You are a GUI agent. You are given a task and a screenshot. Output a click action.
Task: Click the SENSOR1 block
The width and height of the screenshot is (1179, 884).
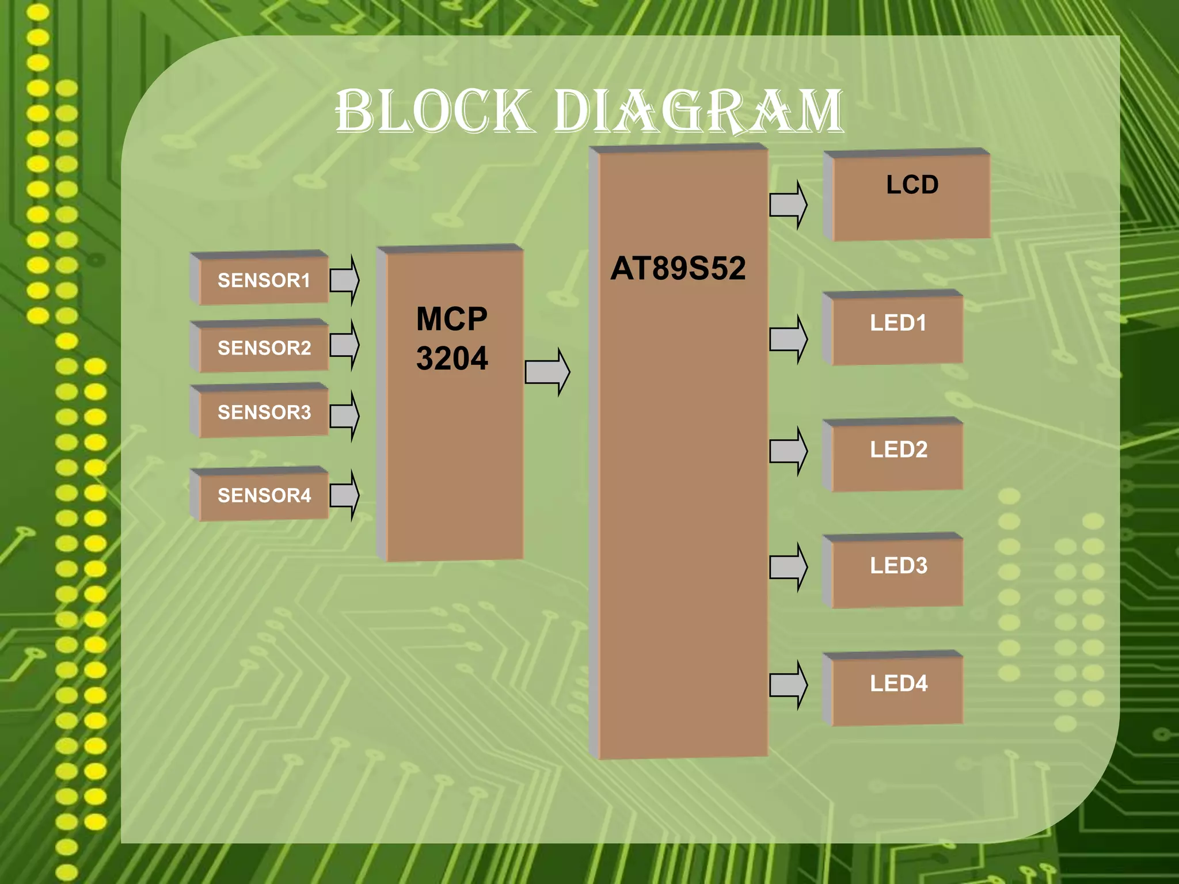click(x=263, y=280)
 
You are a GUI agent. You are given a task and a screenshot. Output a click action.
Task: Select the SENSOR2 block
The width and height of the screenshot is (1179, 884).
click(x=263, y=348)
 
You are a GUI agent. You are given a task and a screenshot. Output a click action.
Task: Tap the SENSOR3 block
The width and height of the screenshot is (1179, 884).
click(x=263, y=413)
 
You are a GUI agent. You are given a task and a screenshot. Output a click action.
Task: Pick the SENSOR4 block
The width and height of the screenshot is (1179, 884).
click(x=263, y=496)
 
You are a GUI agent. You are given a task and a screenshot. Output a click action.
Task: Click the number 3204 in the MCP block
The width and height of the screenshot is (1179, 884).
click(x=452, y=359)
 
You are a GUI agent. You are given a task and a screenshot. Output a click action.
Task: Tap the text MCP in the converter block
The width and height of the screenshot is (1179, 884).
click(x=452, y=319)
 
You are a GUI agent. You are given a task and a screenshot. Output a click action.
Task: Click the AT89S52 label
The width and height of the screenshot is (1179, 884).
click(x=678, y=268)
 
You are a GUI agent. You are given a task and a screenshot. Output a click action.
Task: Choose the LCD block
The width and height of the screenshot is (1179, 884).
click(x=911, y=196)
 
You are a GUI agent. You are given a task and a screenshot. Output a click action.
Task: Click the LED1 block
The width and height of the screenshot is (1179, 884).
click(x=897, y=329)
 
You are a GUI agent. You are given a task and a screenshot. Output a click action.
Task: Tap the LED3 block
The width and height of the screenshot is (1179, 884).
click(x=897, y=571)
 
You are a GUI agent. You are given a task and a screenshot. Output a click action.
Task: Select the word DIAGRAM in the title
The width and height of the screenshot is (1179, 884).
click(x=698, y=111)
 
